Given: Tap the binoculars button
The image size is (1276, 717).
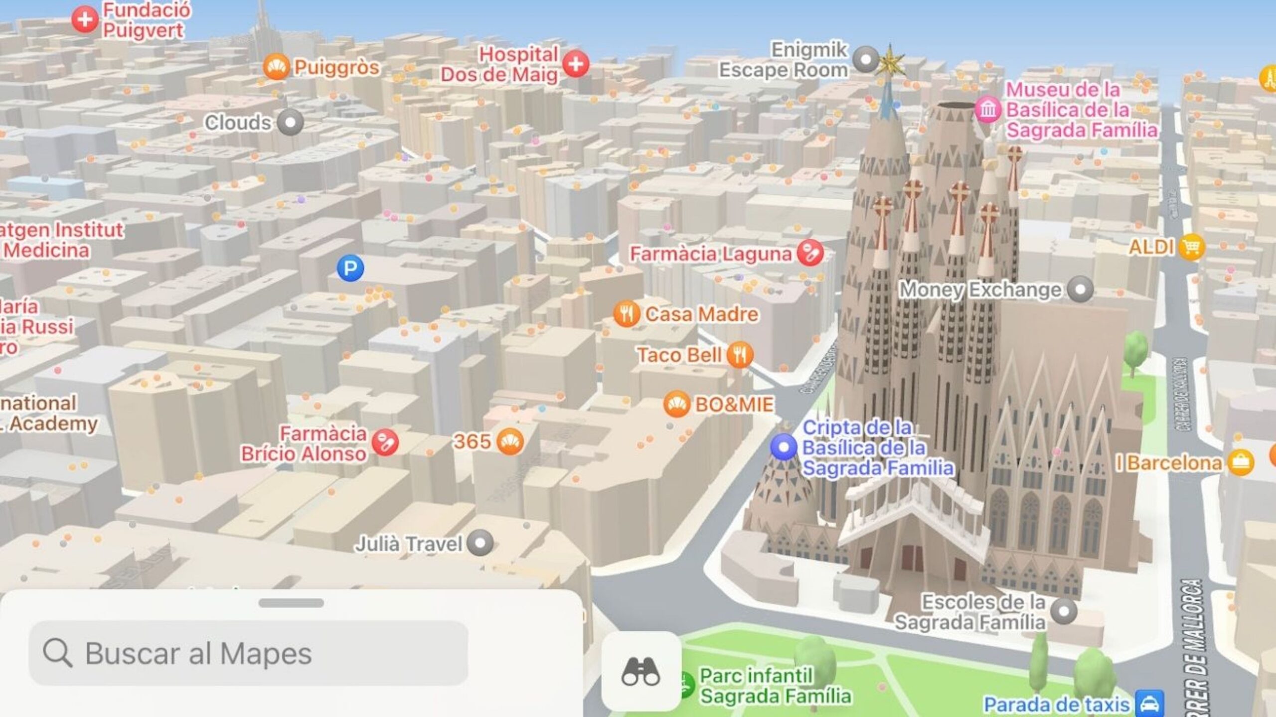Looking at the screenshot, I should pos(641,671).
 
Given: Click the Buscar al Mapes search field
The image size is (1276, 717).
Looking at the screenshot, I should pos(248,653).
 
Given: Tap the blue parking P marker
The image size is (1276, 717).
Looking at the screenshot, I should pos(350,268).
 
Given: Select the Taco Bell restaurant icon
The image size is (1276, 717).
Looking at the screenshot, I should pos(740,355).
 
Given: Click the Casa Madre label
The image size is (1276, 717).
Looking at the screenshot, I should pos(702,314).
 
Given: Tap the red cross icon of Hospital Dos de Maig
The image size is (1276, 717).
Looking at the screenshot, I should pos(576,64).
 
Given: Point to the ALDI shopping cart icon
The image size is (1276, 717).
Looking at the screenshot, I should pos(1191,247).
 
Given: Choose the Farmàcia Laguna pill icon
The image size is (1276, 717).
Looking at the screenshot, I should pos(809,253).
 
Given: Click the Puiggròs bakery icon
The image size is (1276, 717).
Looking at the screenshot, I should pos(276,67).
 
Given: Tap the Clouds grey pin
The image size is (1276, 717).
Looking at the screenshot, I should pos(290,123).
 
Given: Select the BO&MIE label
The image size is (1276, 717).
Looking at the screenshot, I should pos(734,404).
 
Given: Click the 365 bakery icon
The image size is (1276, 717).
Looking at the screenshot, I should pos(510,441).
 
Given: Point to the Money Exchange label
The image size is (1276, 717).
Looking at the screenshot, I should pos(980,289).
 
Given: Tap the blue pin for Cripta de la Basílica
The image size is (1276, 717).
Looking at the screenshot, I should pos(784,447).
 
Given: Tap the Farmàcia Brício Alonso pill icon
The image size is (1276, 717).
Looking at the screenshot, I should pos(385,442).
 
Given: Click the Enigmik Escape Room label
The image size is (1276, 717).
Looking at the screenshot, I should pos(784,60).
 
